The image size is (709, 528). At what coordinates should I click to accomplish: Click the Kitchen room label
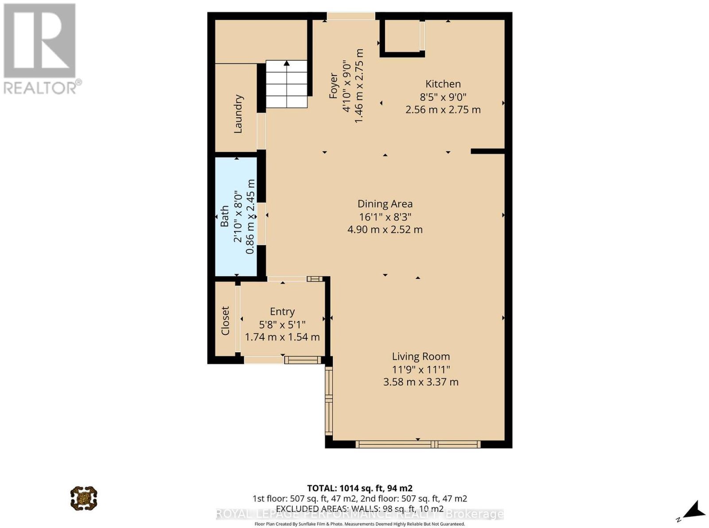[x=443, y=84]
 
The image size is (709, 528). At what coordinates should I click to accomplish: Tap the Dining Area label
[x=385, y=204]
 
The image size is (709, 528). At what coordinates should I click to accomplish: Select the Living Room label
[x=421, y=356]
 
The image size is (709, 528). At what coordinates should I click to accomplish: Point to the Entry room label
[x=282, y=312]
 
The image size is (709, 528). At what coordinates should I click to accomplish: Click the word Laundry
[x=238, y=114]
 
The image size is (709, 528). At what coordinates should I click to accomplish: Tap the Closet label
[x=225, y=320]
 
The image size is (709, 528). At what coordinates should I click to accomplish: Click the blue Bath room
[x=236, y=216]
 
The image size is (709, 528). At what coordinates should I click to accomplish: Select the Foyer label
[x=333, y=86]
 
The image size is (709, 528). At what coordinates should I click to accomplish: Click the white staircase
[x=287, y=84]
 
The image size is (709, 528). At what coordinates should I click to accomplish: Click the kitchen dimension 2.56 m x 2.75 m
[x=443, y=110]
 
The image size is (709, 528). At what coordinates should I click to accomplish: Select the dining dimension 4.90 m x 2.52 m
[x=385, y=230]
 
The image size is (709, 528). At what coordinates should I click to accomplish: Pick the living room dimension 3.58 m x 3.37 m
[x=421, y=382]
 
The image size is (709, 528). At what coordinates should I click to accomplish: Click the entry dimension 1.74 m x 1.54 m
[x=282, y=337]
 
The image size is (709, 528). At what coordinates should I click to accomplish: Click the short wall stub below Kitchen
[x=488, y=151]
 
